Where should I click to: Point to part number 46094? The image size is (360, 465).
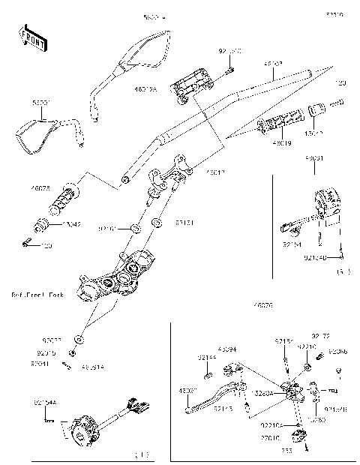pyautogui.click(x=228, y=350)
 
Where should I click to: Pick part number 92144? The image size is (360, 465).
pyautogui.click(x=207, y=358)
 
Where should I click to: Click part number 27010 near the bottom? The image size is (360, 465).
pyautogui.click(x=270, y=436)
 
